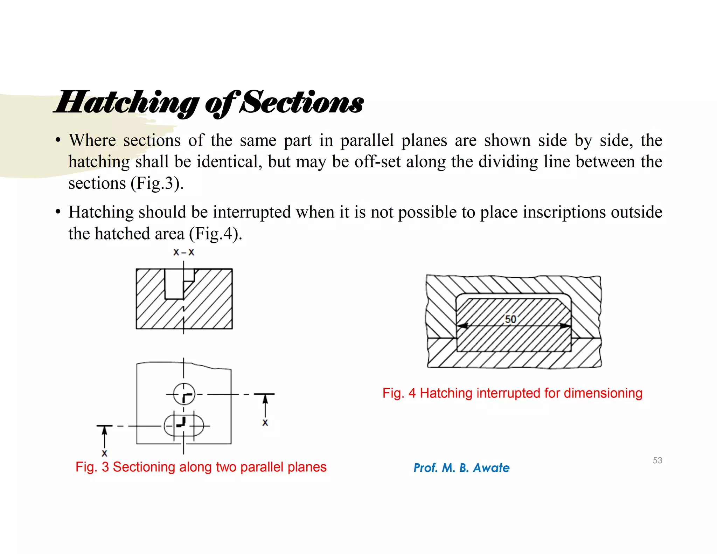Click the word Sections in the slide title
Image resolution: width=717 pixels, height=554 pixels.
pos(303,103)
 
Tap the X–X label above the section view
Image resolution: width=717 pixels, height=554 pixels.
pos(183,252)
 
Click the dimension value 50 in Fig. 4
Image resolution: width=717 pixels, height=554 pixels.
pos(510,319)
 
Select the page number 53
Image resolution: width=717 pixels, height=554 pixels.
pos(657,460)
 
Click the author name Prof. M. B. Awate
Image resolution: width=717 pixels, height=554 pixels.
pos(461,468)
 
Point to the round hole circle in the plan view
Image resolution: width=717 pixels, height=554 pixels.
pos(184,394)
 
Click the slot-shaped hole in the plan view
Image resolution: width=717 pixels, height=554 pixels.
pos(184,426)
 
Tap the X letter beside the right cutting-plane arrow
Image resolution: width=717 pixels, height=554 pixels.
pos(265,423)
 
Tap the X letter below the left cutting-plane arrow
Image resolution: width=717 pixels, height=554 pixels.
pos(104,453)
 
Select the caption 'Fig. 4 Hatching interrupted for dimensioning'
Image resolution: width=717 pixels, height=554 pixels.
pos(512,393)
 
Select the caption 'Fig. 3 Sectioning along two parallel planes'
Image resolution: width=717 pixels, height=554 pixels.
pos(201,467)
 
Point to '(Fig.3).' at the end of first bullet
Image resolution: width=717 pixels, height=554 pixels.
pos(157,183)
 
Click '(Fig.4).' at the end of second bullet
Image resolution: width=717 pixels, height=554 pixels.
pos(215,234)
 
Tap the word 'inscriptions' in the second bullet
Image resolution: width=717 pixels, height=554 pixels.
pos(564,212)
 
